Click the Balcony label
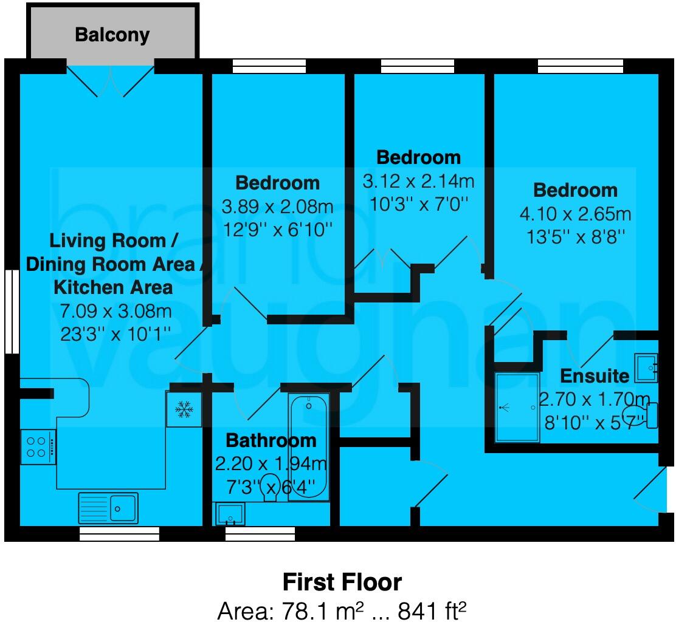point(112,35)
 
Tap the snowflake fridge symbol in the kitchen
point(184,410)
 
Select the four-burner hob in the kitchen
point(38,446)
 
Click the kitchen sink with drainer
point(108,507)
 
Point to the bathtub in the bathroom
point(309,446)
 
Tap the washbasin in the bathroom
point(230,514)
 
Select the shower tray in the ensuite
point(517,407)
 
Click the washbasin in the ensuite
point(646,367)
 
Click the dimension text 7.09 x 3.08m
point(116,312)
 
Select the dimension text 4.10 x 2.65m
point(575,213)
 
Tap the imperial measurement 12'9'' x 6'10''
point(277,229)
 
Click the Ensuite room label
point(595,376)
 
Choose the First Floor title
point(342,582)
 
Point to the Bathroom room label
point(271,440)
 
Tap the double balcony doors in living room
point(110,81)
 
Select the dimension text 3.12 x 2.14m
point(419,180)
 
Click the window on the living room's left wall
point(11,311)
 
